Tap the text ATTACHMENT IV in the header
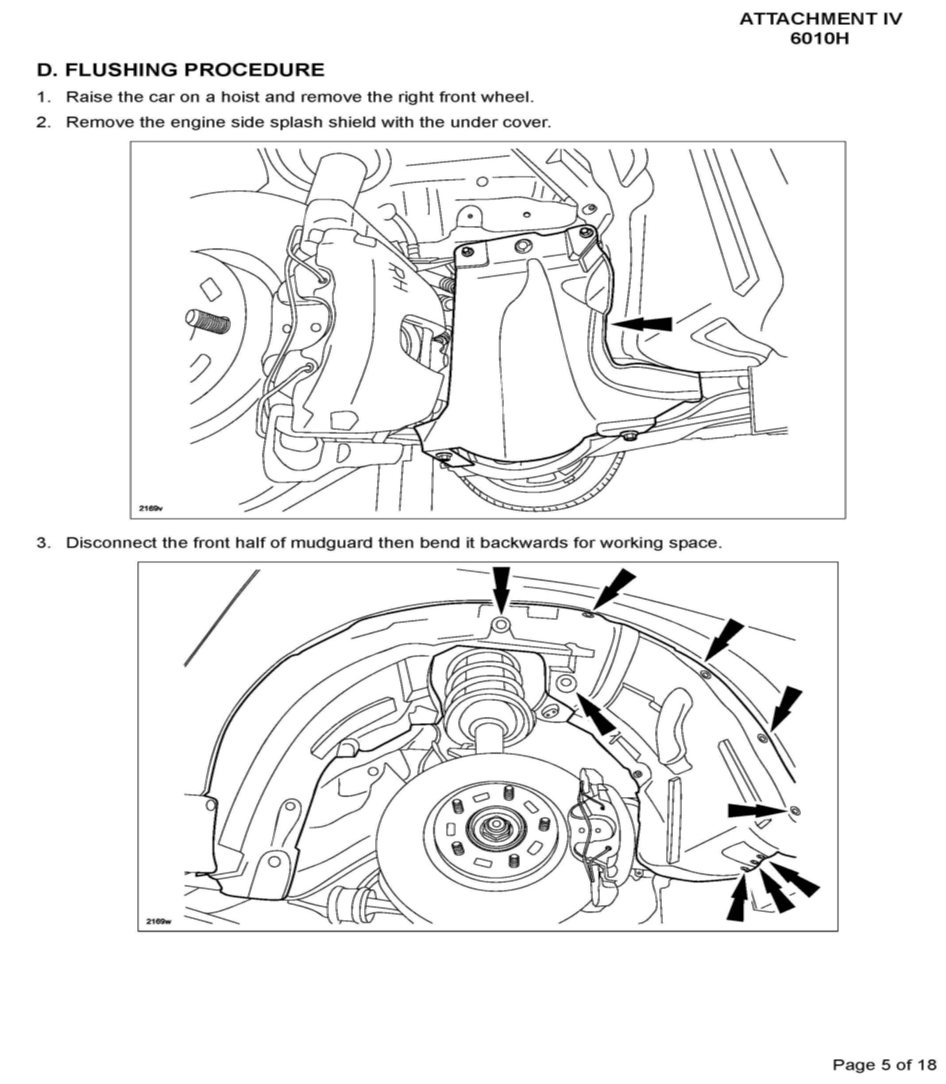coord(820,19)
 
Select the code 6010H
coord(819,39)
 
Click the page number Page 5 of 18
coord(884,1064)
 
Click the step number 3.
coord(42,543)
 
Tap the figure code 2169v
coord(151,509)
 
